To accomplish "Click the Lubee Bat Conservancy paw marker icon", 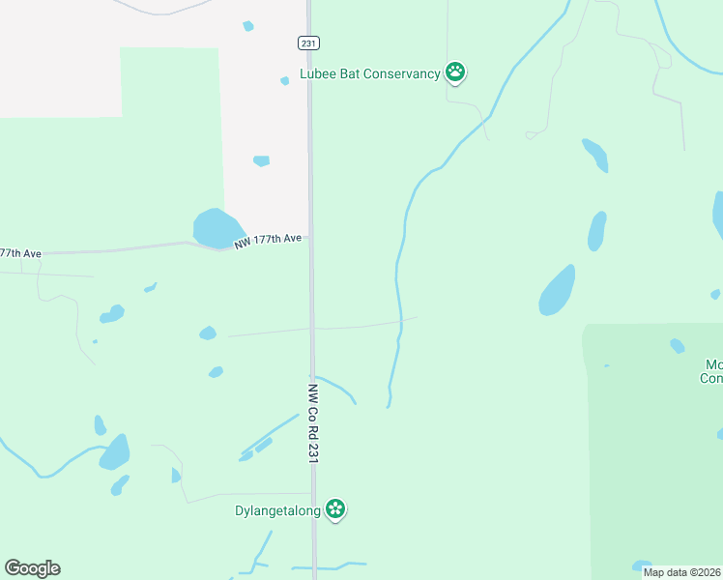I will [455, 72].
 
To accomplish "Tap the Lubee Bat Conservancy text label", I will [370, 73].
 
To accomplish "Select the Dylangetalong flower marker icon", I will [335, 508].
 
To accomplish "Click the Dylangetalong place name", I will [277, 510].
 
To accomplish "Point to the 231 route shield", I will [307, 43].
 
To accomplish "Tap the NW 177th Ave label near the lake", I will [269, 239].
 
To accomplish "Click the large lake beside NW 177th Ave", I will [217, 228].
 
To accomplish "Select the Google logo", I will [32, 568].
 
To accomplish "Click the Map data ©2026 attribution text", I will [681, 572].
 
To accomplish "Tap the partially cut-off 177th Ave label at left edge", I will [20, 253].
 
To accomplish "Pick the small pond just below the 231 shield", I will [284, 81].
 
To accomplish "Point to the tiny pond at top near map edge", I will [248, 26].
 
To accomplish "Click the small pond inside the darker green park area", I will [678, 345].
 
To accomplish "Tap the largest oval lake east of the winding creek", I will [557, 290].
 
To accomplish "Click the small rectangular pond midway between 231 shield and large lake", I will [261, 160].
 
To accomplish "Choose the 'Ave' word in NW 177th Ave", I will [292, 238].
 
